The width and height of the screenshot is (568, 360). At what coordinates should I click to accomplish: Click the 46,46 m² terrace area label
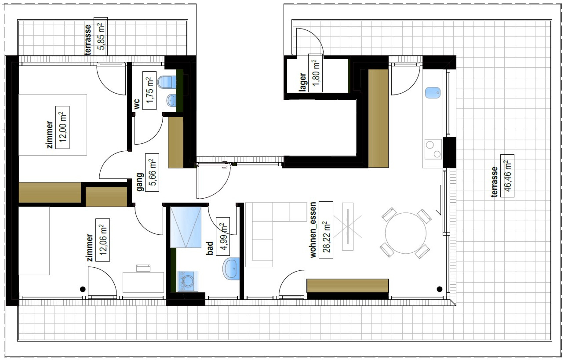click(507, 175)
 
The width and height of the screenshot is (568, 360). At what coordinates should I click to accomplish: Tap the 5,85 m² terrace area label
click(101, 36)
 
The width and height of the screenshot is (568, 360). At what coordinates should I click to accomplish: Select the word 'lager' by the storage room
click(303, 82)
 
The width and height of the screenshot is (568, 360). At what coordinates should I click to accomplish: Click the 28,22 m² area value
click(326, 230)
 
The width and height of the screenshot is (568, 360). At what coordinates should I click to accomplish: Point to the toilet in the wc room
click(167, 82)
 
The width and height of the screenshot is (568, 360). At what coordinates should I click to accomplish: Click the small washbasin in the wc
click(171, 100)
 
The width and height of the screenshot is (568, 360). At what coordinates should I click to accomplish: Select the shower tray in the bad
click(186, 227)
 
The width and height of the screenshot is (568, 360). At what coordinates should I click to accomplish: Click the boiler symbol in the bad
click(188, 281)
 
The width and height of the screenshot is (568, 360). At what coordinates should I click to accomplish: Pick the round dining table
click(405, 233)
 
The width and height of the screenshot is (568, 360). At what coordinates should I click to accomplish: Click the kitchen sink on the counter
click(433, 93)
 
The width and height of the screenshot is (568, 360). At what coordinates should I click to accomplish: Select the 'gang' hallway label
click(140, 182)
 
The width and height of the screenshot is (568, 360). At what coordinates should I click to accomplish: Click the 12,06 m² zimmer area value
click(103, 240)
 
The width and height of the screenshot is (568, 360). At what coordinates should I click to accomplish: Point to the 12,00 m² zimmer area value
click(62, 128)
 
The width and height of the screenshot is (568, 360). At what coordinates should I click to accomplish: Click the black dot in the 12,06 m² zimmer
click(83, 289)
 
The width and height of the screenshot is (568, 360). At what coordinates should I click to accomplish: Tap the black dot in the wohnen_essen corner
click(439, 289)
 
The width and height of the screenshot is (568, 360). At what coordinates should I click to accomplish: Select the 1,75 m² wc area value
click(149, 91)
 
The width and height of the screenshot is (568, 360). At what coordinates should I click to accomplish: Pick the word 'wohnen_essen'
click(313, 230)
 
